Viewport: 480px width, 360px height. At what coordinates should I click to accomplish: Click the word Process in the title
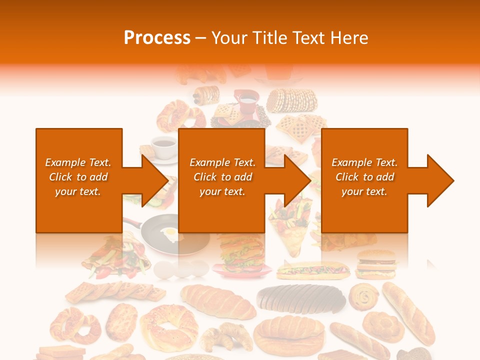pos(157,37)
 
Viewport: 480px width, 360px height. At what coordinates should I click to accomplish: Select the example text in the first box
pos(78,177)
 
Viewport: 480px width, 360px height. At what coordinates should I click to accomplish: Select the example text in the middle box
pos(222,177)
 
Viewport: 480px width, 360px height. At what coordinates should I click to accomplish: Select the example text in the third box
pos(364,177)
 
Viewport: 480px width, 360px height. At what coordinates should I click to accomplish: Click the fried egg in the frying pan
pos(171,233)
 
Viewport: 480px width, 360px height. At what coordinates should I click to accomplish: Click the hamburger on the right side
pos(376,264)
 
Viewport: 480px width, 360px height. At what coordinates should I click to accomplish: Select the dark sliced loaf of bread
pos(301,298)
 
